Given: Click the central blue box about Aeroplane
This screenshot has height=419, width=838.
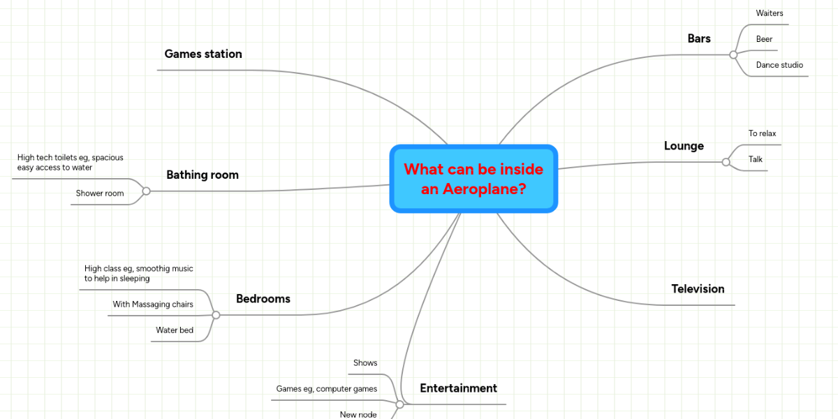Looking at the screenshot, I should (473, 179).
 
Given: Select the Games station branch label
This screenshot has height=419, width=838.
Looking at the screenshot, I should (203, 54).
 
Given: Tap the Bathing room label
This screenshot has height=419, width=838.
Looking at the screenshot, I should (203, 175).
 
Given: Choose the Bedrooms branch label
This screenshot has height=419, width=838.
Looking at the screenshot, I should (263, 299).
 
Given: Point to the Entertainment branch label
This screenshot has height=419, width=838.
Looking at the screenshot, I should (458, 388).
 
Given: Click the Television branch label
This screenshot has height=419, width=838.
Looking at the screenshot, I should (698, 288).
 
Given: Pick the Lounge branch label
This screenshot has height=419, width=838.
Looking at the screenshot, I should (684, 146).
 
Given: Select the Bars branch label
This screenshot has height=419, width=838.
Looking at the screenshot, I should (698, 38).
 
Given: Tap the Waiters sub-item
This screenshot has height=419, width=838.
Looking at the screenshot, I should (770, 13).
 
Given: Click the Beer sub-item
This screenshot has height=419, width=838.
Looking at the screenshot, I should (764, 39).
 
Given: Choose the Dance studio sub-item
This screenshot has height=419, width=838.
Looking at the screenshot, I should (779, 65).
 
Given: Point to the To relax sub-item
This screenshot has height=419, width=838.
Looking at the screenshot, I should (762, 133).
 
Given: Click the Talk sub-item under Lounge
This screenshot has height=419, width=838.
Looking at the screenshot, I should (756, 159).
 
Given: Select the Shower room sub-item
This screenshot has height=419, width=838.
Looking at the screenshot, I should (100, 193).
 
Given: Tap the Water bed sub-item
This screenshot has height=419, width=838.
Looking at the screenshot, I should (175, 330).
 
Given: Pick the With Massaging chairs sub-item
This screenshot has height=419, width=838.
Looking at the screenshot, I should (153, 304).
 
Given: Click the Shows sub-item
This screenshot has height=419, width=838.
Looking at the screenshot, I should (365, 363).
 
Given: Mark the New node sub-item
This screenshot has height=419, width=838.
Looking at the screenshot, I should (358, 415).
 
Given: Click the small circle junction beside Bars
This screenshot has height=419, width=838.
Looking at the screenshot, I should (733, 54).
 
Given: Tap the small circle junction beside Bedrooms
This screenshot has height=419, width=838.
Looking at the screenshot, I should (216, 316).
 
